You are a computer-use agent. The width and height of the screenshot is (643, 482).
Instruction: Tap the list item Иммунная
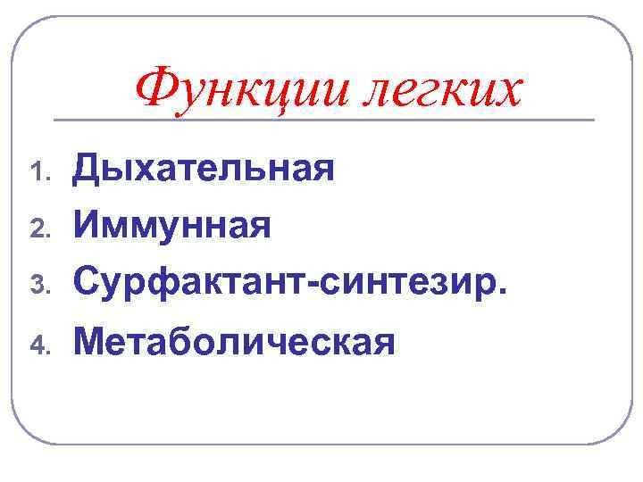point(172,225)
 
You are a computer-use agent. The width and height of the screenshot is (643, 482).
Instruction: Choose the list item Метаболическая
point(234,341)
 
